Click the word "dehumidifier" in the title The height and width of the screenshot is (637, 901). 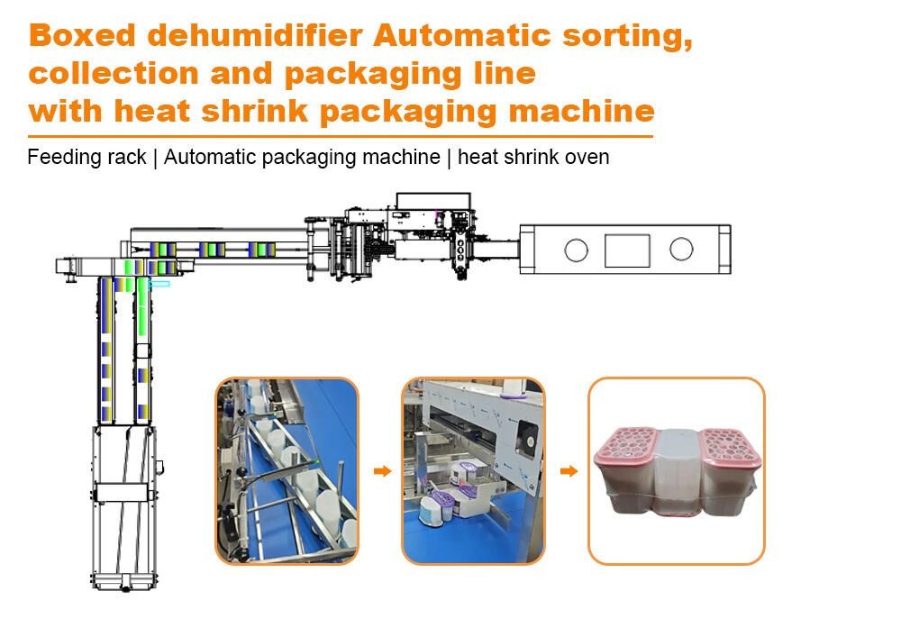255,36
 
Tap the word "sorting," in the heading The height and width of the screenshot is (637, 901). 627,37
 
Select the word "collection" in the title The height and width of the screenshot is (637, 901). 114,74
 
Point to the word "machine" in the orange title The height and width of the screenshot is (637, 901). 581,111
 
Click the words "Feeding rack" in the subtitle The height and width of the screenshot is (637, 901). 86,157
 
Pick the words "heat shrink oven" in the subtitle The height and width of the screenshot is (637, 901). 533,157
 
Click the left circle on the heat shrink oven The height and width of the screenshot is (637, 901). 577,250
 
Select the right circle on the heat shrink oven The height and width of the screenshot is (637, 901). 681,250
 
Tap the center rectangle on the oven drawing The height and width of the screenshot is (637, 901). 627,250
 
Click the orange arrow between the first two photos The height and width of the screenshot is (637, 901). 382,471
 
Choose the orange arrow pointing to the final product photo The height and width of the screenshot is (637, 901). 569,471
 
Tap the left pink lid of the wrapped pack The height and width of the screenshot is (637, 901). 626,445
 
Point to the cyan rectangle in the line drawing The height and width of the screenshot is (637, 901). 159,284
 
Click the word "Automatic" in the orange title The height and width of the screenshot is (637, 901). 462,36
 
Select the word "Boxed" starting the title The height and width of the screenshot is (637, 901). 82,36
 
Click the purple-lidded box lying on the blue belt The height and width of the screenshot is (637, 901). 436,508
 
